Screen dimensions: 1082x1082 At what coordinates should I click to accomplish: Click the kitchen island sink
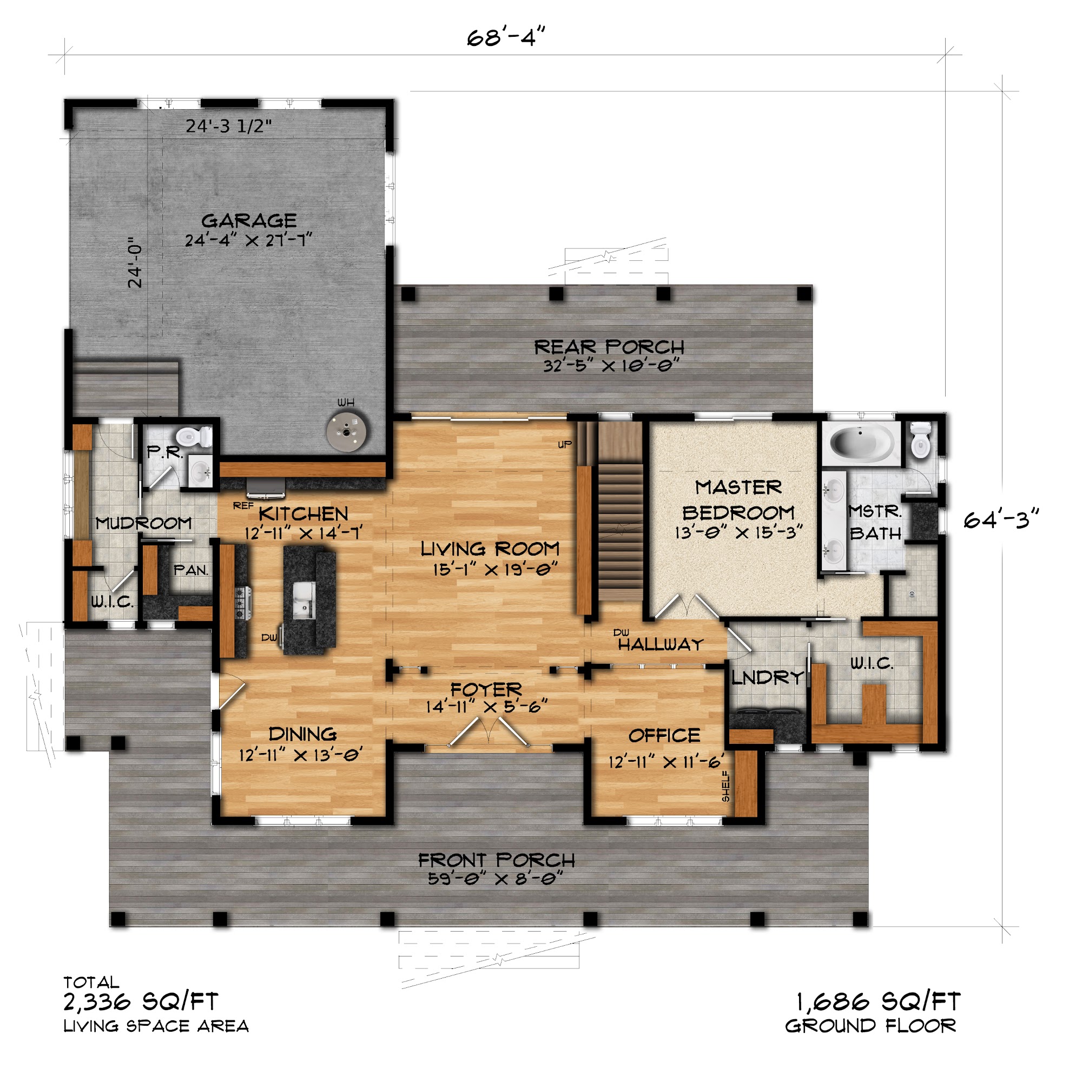304,600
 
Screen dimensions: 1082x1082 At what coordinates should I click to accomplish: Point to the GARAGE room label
249,221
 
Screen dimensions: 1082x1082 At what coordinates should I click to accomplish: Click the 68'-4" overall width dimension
506,37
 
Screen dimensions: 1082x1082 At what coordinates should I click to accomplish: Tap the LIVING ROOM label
490,548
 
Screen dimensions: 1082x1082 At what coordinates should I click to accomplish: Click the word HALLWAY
661,645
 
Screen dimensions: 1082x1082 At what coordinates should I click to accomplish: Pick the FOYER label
486,689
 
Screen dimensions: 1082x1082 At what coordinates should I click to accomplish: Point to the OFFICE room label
664,735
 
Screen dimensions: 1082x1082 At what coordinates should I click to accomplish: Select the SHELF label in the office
726,786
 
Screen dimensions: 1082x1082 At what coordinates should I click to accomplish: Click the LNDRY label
768,678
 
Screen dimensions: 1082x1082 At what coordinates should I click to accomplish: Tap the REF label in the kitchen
243,506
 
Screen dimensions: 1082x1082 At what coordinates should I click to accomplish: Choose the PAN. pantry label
191,570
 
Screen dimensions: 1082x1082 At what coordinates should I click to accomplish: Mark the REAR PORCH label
609,347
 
